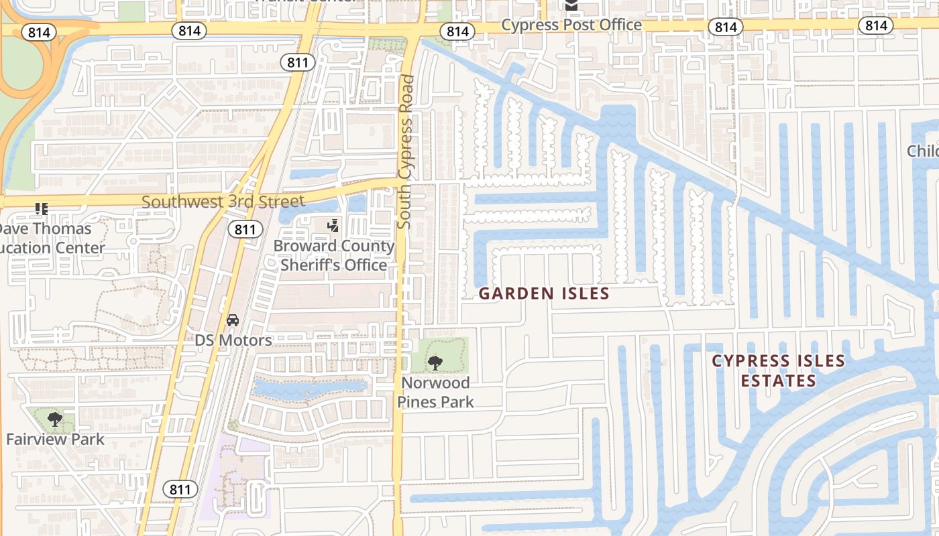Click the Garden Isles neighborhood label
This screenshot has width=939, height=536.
pos(544,293)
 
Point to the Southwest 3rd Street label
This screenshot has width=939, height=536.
pos(223,201)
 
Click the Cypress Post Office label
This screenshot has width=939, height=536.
pos(571,25)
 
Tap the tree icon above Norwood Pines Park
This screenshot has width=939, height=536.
pos(435,362)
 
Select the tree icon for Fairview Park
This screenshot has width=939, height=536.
pos(55,420)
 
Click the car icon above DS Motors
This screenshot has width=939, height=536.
pos(233,320)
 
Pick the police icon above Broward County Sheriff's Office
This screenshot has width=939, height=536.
pos(333,226)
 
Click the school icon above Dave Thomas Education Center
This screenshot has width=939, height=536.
pos(42,209)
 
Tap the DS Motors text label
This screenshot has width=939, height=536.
pos(233,340)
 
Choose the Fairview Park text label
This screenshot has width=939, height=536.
pos(55,440)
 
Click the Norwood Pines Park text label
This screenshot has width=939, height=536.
pos(435,393)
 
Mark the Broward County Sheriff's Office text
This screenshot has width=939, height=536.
pos(333,255)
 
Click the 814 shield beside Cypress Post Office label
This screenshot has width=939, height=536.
pos(458,31)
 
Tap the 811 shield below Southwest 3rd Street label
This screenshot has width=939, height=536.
pos(245,229)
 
